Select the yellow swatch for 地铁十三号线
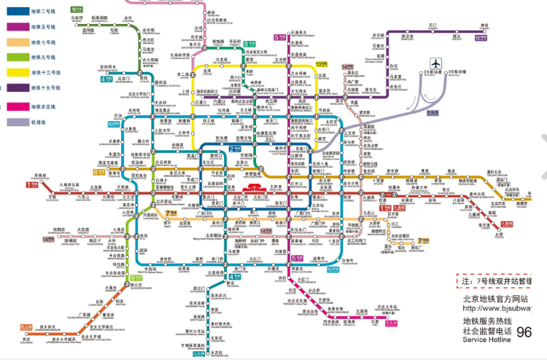(14, 73)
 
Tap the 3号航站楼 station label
(457, 71)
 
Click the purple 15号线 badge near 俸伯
(481, 36)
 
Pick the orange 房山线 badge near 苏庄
(26, 327)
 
